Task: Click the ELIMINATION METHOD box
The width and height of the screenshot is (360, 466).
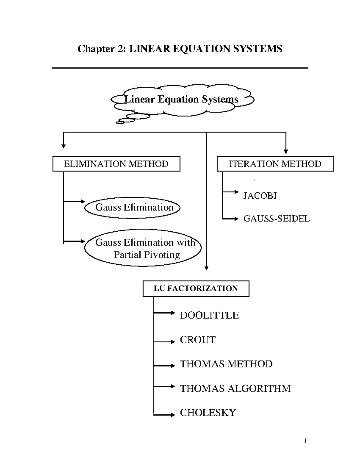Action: point(116,164)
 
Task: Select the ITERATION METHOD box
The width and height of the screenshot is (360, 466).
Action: point(275,164)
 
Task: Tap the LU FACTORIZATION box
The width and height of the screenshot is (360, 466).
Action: point(196,289)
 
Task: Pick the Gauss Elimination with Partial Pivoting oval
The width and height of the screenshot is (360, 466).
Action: point(143,248)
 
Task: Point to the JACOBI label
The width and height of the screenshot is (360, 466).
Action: point(260,196)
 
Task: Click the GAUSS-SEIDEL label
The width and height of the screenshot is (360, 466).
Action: point(276,219)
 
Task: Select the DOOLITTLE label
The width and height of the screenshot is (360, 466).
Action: point(209,315)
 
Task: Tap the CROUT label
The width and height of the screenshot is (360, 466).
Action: point(198,340)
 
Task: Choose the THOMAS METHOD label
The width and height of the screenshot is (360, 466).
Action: point(226,364)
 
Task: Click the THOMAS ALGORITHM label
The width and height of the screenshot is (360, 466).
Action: point(235,389)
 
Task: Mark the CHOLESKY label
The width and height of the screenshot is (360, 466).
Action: point(208,413)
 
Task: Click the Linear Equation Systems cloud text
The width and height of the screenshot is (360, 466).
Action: point(181,99)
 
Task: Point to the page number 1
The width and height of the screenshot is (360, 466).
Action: point(305,441)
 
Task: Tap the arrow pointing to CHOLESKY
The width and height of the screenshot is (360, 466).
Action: point(164,415)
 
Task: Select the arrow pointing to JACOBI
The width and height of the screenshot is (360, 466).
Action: point(230,192)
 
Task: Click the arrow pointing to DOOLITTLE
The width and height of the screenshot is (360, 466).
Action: point(164,313)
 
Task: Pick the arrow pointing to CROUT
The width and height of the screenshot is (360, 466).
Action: point(164,342)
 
